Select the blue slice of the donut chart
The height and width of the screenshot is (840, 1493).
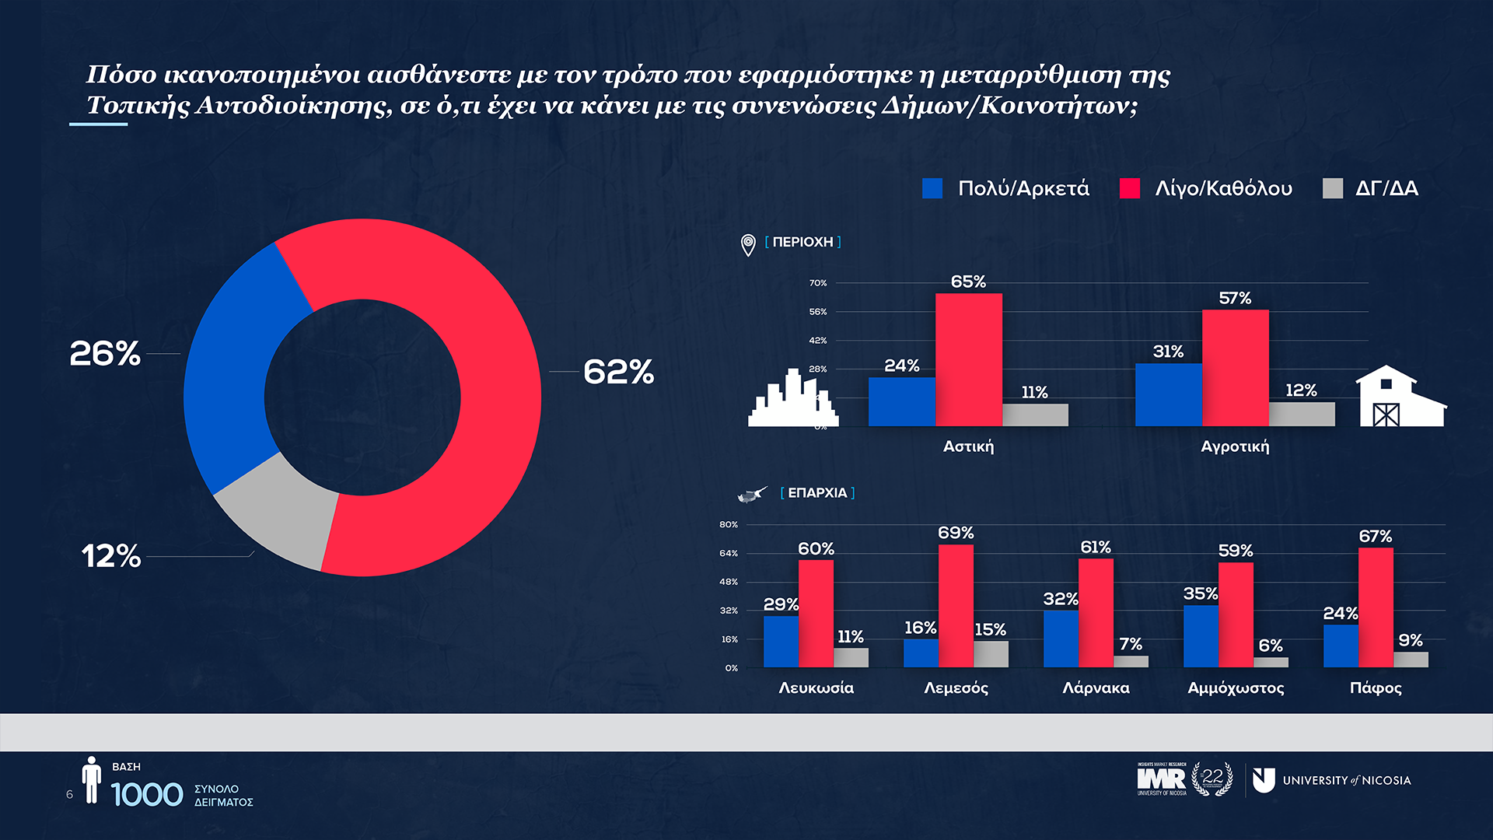(x=233, y=366)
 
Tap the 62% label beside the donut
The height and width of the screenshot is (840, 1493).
(x=618, y=372)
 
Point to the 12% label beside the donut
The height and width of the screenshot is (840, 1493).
(x=111, y=556)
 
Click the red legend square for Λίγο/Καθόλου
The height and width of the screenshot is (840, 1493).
(x=1129, y=188)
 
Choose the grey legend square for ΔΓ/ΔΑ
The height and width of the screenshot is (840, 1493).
(x=1333, y=188)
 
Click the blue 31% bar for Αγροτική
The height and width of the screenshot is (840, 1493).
(x=1168, y=394)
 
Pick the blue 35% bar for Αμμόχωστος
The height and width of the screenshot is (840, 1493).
(x=1201, y=635)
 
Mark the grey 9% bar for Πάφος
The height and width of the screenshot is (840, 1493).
(x=1411, y=660)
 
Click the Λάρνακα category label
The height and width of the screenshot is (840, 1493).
(x=1096, y=688)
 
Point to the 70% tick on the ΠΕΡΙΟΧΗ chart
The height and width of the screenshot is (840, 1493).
(x=818, y=283)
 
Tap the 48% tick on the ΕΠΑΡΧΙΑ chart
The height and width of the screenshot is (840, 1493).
(x=729, y=582)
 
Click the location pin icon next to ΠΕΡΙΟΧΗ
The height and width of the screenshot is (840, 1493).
(x=748, y=245)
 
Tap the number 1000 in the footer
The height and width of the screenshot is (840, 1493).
(x=147, y=795)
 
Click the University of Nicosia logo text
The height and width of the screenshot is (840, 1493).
(x=1346, y=780)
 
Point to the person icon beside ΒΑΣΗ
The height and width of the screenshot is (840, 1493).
(x=92, y=779)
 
